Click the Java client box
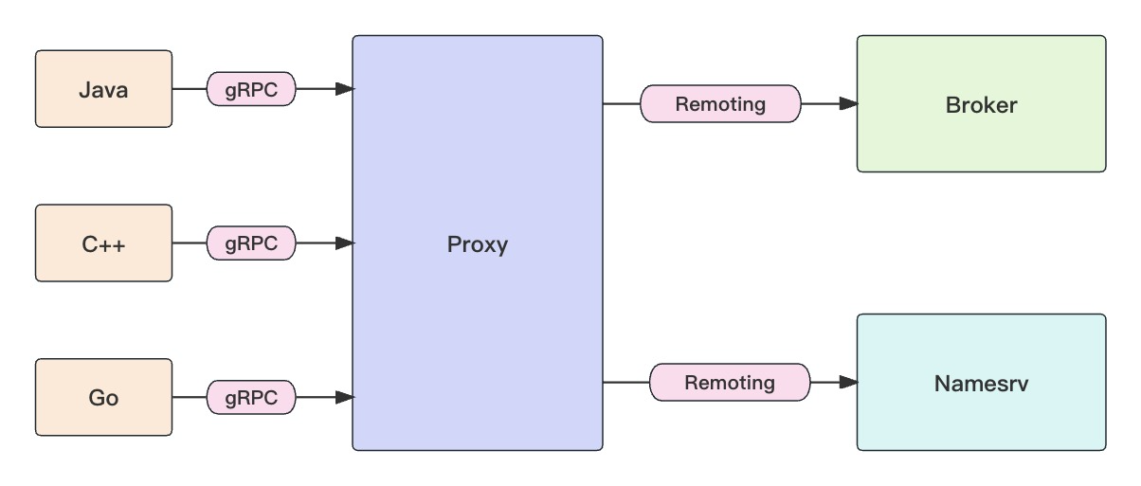(x=103, y=89)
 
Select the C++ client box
(x=103, y=243)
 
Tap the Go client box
(x=103, y=397)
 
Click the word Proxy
(x=478, y=244)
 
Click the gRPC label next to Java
(x=251, y=90)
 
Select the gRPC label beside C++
(x=251, y=243)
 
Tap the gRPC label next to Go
(x=251, y=398)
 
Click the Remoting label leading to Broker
(x=720, y=104)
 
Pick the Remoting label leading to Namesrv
(x=730, y=383)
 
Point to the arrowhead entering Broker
(x=849, y=104)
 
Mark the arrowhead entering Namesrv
(x=849, y=383)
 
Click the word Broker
(x=981, y=105)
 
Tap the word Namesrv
(x=981, y=384)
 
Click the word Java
(x=103, y=91)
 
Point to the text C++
(x=103, y=244)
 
